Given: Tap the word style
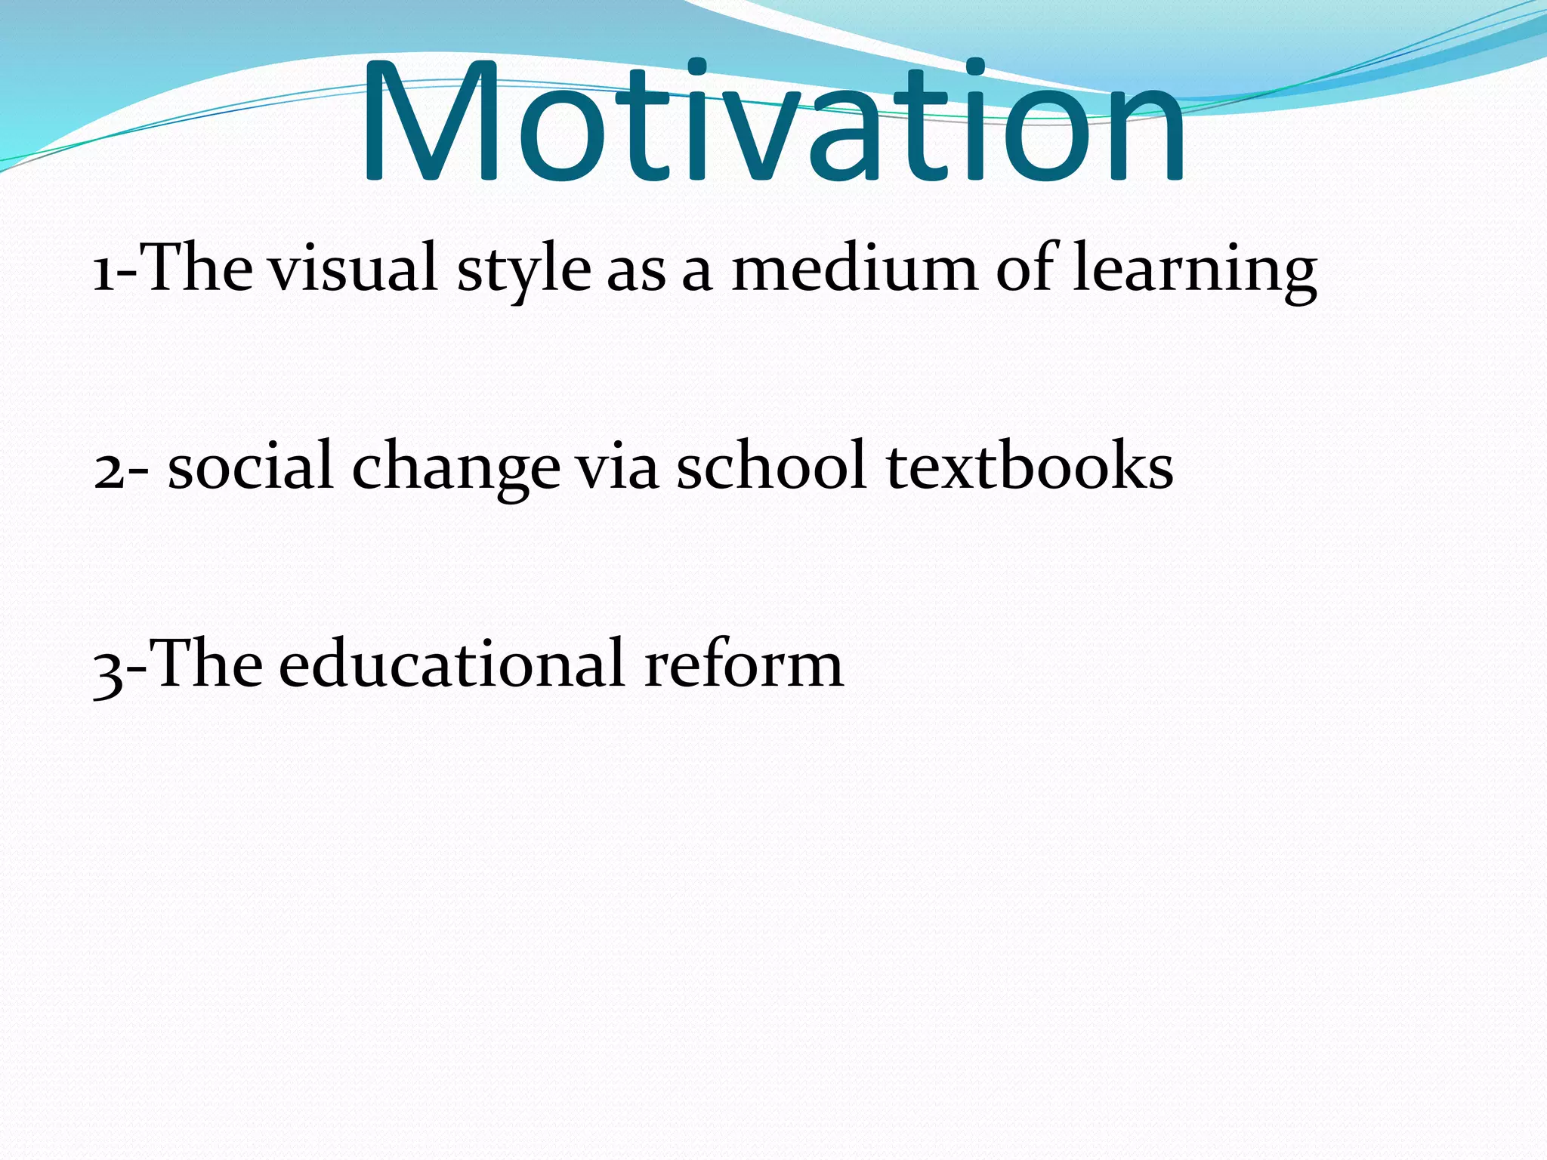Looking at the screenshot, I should coord(523,270).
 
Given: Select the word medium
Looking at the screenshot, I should coord(854,269).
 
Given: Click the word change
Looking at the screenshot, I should coord(456,468).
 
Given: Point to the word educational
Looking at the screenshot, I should coord(452,665).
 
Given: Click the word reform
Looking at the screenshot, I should coord(743,665).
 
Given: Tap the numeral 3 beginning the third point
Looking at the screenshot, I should coord(107,669).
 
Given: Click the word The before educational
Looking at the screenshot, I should coord(207,665).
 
